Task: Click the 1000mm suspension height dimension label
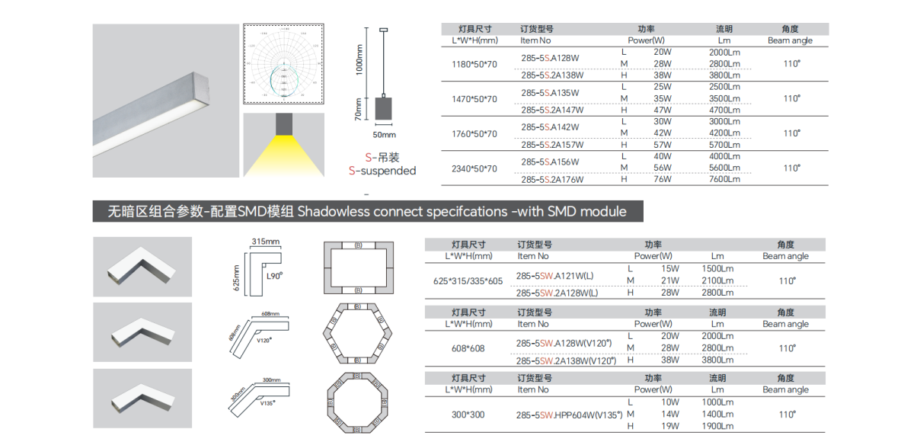(360, 59)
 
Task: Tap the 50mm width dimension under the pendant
(384, 135)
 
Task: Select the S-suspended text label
(382, 171)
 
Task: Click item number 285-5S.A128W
(550, 58)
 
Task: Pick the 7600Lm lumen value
(724, 179)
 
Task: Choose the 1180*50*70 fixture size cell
(474, 64)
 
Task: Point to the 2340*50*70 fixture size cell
(474, 168)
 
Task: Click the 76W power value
(662, 179)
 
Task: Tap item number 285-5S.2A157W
(552, 145)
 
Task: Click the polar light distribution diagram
(283, 65)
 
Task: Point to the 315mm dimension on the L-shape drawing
(266, 242)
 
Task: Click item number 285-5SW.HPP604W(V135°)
(569, 415)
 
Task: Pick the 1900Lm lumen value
(717, 427)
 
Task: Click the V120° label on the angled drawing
(265, 340)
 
